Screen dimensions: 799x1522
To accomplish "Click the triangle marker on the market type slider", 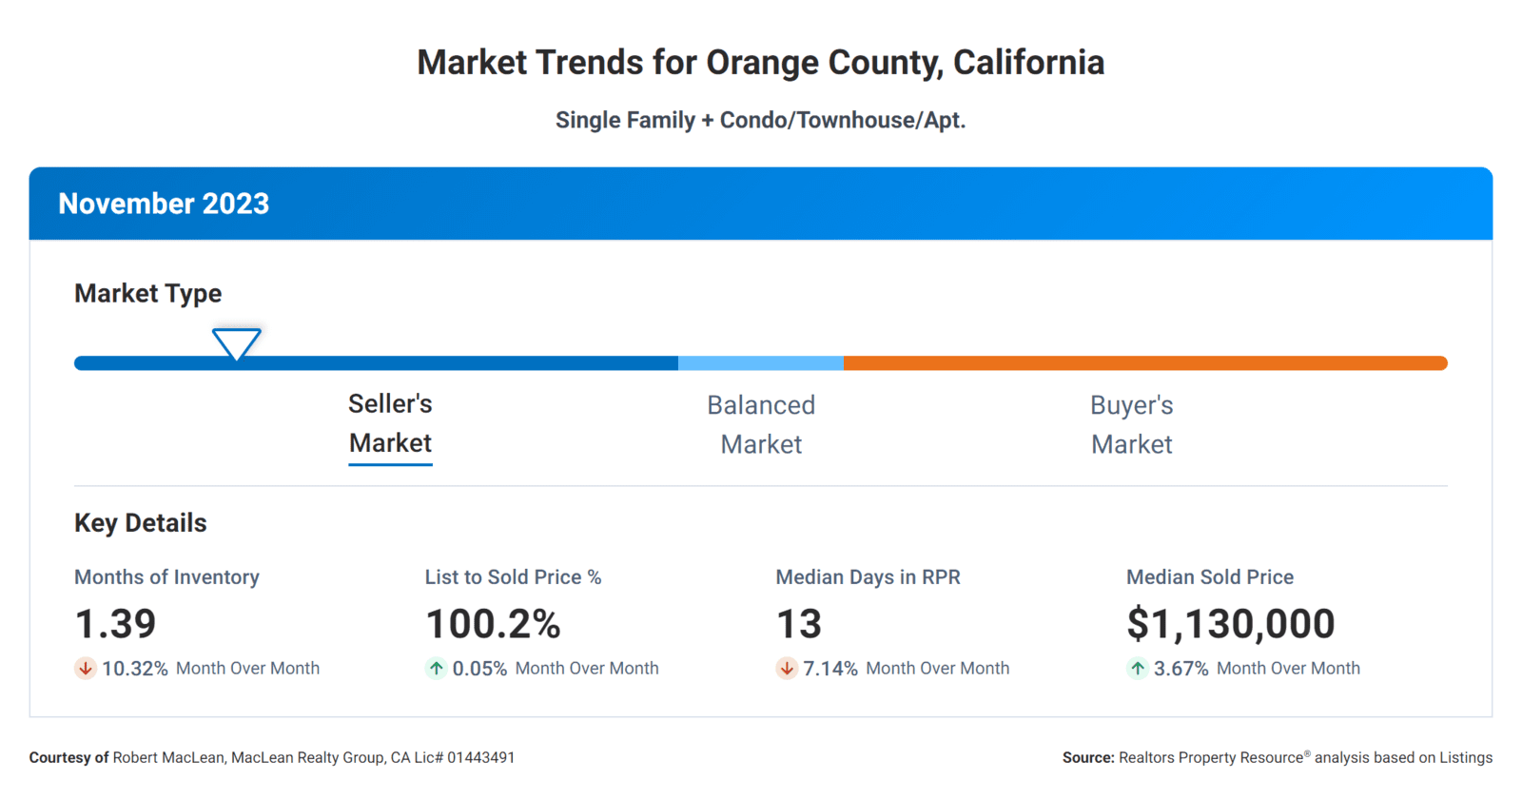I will (x=236, y=342).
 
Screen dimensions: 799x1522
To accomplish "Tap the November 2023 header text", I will (x=164, y=204).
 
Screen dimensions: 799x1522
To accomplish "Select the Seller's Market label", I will (x=390, y=423).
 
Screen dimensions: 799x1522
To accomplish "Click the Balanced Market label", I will (x=761, y=424).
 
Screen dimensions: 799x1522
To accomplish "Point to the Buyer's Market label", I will (x=1131, y=424).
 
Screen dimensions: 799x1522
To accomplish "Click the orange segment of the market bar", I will (x=1141, y=363).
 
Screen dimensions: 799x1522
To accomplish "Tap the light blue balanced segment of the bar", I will (x=761, y=363).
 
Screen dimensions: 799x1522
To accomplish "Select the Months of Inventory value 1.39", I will (x=115, y=624).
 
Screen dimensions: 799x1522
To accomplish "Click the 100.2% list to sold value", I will (x=493, y=624).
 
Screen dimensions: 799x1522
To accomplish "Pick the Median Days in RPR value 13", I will (x=798, y=624).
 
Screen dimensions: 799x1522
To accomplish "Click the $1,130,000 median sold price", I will (x=1230, y=624).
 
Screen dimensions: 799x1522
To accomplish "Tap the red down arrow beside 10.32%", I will (x=86, y=669).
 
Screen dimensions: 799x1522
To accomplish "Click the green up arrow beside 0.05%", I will (x=436, y=669).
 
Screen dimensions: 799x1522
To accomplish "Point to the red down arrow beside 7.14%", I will (x=787, y=669).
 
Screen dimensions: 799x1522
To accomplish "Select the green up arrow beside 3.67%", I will (x=1137, y=669).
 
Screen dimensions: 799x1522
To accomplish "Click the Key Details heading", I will (x=141, y=523).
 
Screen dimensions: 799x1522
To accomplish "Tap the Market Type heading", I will (x=148, y=293).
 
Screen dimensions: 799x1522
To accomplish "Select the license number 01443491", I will (x=480, y=758).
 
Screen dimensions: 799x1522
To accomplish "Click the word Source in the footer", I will (x=1087, y=758).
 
